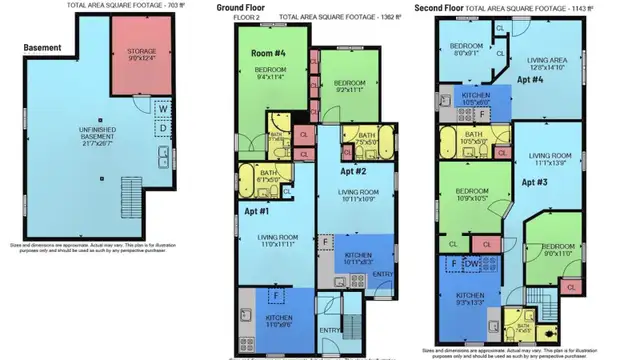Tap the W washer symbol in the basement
tap(162, 111)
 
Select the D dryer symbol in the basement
tap(162, 128)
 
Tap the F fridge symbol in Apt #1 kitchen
tap(276, 296)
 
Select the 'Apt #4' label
tap(530, 77)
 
